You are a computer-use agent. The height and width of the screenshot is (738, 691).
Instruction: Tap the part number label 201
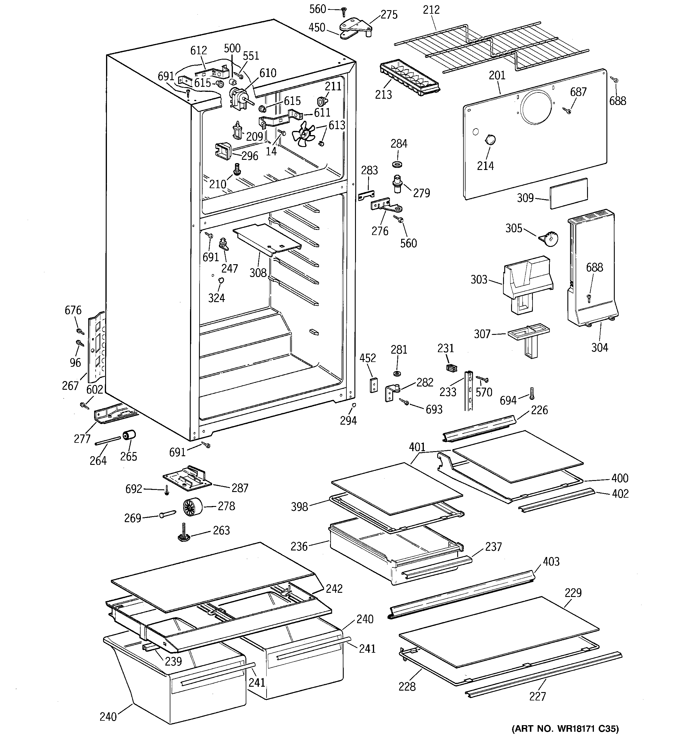coord(497,75)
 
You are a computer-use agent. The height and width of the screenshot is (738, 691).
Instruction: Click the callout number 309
coord(525,198)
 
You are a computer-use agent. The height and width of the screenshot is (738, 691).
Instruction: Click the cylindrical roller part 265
coord(129,435)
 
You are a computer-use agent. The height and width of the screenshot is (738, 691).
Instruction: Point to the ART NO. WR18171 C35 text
coord(565,729)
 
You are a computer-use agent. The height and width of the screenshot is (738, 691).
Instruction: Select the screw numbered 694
coord(532,394)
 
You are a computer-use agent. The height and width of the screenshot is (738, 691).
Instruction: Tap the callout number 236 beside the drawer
coord(299,546)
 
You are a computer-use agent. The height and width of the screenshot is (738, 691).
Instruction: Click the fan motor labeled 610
coord(238,98)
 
